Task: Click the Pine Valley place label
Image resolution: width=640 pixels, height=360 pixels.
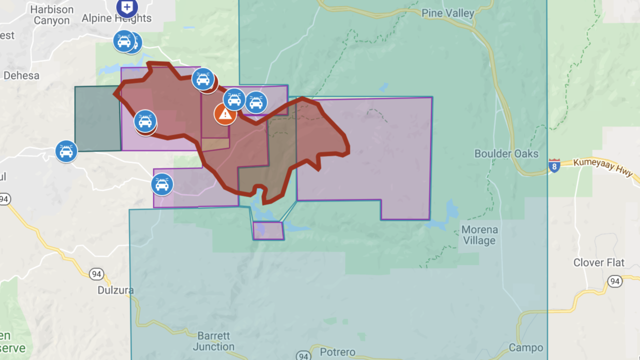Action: coord(447,13)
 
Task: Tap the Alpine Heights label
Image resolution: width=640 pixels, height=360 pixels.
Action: coord(116,18)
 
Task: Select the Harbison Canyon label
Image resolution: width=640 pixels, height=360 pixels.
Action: coord(51,15)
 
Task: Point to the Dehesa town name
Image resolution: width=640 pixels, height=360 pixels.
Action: coord(21,75)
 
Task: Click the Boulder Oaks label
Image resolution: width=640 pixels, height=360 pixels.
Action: coord(506,153)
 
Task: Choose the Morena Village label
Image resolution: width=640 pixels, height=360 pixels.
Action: coord(479,235)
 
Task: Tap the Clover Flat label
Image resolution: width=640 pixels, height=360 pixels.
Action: coord(598,262)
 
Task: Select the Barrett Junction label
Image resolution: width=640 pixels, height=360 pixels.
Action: coord(213,341)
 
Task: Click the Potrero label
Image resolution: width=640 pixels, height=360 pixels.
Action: coord(337,352)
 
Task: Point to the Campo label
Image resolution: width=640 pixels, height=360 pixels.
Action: coord(525,347)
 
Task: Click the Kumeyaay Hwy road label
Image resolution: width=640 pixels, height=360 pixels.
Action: coord(602,167)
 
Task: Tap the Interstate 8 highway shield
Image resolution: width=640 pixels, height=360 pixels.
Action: coord(553,166)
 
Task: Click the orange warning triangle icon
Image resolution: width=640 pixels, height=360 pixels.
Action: coord(225,114)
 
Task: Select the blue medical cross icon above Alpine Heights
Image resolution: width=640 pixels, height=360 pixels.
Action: coord(127,7)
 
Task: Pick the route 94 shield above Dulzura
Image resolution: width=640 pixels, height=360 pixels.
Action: coord(96,274)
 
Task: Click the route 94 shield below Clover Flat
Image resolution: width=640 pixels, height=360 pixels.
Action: coord(614,281)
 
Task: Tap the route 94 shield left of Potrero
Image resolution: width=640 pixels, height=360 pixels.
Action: coord(303,356)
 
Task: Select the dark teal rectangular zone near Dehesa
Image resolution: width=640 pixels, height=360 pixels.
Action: coord(97,118)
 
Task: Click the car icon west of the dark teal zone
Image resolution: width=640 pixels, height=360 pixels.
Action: coord(66,151)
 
